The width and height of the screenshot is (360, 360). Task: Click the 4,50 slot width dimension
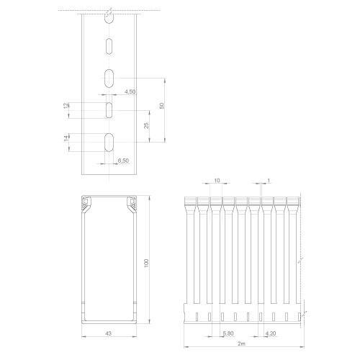pyautogui.click(x=130, y=91)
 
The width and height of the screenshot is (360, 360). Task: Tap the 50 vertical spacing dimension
pyautogui.click(x=162, y=106)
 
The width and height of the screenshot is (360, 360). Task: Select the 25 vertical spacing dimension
pyautogui.click(x=146, y=125)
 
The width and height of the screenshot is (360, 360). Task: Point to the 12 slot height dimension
pyautogui.click(x=66, y=105)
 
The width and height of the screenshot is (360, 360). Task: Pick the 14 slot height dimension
pyautogui.click(x=66, y=138)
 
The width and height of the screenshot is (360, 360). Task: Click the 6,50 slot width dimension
pyautogui.click(x=123, y=161)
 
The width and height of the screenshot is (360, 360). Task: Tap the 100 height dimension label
pyautogui.click(x=146, y=263)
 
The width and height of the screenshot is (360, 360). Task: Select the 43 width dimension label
pyautogui.click(x=109, y=333)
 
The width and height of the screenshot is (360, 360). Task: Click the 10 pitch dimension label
pyautogui.click(x=217, y=180)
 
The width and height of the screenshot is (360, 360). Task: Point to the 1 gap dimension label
pyautogui.click(x=269, y=180)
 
